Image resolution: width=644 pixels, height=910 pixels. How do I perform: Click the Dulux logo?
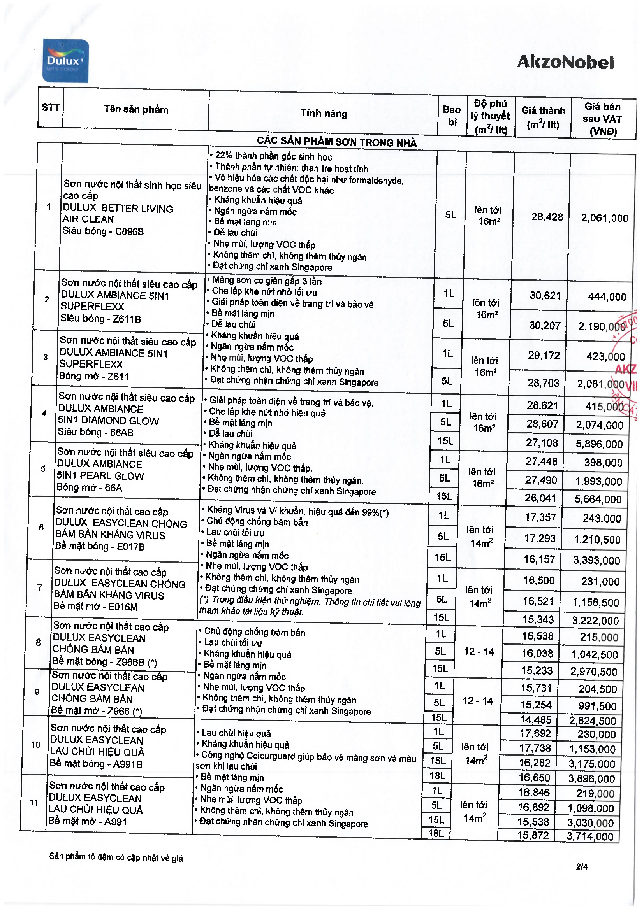tap(65, 61)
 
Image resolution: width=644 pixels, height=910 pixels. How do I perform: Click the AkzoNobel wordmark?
tap(565, 62)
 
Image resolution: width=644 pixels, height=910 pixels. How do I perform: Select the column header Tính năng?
tap(324, 113)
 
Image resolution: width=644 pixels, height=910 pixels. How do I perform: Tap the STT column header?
tap(50, 107)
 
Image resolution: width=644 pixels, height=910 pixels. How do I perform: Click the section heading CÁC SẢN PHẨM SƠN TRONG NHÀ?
tap(337, 142)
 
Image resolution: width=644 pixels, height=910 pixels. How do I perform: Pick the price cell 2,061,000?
tap(604, 218)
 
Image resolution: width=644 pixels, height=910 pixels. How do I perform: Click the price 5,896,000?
tap(599, 444)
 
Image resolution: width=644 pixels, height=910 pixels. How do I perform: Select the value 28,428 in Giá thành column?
tap(547, 217)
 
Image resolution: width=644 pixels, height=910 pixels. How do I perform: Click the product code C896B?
tap(129, 231)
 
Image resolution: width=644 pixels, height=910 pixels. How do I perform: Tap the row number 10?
tap(36, 744)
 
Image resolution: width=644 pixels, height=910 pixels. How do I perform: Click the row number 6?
tap(41, 527)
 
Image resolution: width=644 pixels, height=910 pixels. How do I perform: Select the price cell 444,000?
tap(607, 297)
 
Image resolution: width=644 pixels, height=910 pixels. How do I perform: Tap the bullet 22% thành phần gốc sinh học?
tap(273, 156)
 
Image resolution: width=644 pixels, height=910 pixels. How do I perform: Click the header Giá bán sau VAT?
tap(603, 119)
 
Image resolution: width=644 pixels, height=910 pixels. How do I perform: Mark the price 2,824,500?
tap(593, 721)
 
